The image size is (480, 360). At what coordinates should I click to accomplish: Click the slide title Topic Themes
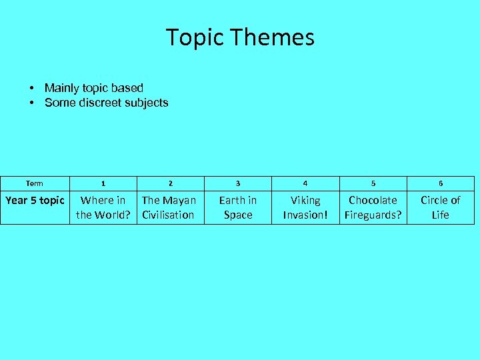(x=240, y=37)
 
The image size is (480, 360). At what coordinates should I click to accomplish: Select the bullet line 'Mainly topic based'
(x=93, y=88)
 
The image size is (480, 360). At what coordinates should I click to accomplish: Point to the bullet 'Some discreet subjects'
(x=106, y=103)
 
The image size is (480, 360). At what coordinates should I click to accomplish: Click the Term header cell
(x=34, y=183)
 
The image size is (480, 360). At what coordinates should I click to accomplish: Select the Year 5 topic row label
(x=35, y=200)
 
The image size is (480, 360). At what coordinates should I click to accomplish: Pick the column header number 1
(x=103, y=183)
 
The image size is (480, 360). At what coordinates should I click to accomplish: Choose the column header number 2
(x=170, y=183)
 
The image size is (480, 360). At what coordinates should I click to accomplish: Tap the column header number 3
(x=238, y=183)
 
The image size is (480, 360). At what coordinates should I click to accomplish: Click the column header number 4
(x=305, y=183)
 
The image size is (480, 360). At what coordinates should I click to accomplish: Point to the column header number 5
(x=373, y=183)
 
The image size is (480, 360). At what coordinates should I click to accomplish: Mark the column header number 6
(x=441, y=183)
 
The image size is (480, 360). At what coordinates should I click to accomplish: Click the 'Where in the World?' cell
(x=103, y=207)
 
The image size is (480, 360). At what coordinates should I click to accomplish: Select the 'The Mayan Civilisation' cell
(x=169, y=207)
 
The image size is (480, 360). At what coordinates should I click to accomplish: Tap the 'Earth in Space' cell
(x=238, y=207)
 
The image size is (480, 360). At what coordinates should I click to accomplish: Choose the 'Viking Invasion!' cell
(x=305, y=207)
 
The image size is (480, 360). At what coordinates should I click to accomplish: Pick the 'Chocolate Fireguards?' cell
(x=373, y=207)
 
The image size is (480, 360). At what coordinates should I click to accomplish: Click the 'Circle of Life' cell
(x=441, y=207)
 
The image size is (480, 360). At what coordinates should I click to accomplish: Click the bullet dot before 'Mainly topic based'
(x=31, y=89)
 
